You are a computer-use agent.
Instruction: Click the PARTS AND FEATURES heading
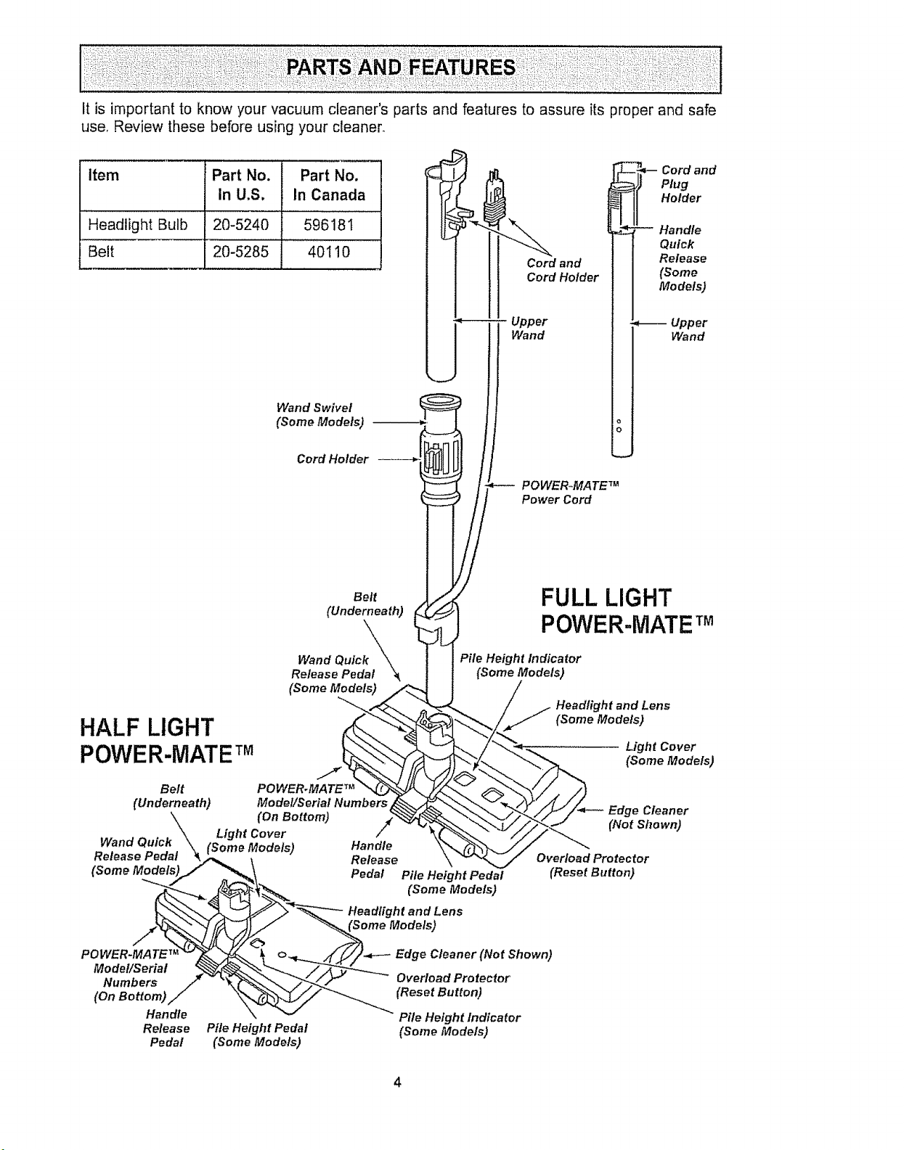400,68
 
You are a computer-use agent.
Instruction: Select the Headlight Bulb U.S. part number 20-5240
240,225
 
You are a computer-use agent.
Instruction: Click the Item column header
103,175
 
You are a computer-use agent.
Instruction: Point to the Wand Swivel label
320,414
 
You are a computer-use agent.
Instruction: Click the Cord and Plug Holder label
688,184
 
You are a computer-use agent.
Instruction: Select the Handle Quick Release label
683,258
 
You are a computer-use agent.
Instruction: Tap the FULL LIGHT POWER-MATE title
627,611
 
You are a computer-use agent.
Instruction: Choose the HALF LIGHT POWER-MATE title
167,740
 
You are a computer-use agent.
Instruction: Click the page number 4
398,1081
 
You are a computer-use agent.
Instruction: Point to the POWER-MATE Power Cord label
570,492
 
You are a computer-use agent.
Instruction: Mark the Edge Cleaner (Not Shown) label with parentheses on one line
474,953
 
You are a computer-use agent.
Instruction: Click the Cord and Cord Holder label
563,270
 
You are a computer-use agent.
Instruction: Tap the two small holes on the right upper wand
619,425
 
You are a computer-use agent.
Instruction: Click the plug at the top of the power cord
494,199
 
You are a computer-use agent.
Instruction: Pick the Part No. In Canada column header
329,185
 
